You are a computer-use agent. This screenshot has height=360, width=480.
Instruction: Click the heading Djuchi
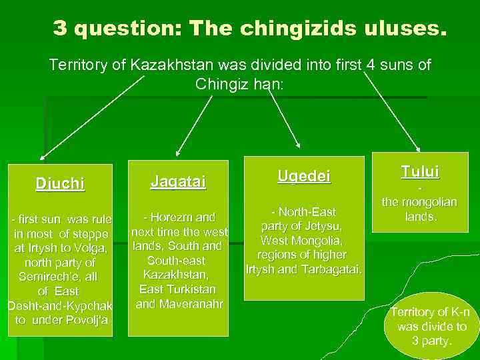[x=60, y=183]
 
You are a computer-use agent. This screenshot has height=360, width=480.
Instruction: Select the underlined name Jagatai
[x=178, y=181]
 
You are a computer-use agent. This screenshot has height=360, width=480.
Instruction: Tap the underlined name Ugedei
[x=304, y=176]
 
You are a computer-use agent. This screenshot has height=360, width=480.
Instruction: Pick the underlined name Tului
[x=420, y=171]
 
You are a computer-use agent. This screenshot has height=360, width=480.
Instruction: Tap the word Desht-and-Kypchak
[x=59, y=305]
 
